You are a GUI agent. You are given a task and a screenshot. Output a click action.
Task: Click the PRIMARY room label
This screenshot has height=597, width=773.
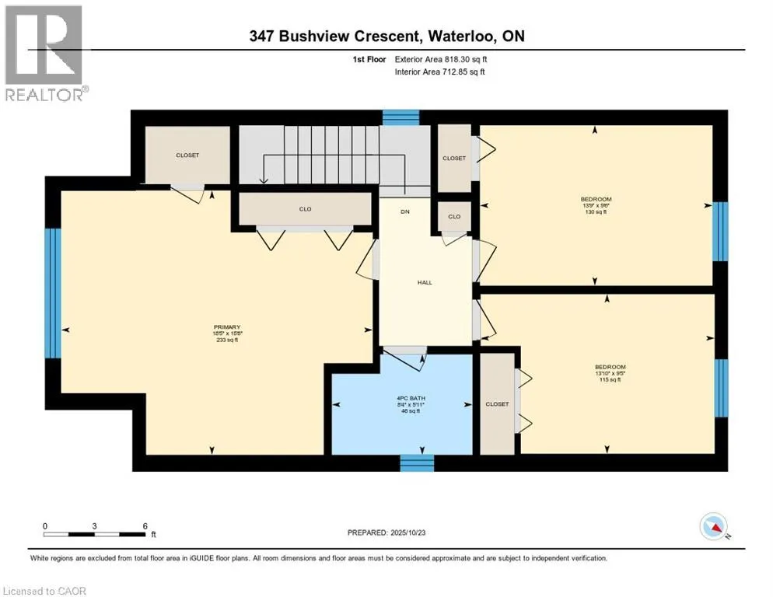click(227, 327)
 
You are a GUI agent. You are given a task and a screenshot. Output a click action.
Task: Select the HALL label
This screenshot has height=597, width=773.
click(425, 282)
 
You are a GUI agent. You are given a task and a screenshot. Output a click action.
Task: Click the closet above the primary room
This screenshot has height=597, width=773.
click(187, 155)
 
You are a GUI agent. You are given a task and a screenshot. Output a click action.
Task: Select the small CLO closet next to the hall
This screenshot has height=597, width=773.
click(454, 217)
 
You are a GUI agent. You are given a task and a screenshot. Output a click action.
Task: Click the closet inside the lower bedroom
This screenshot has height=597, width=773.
click(497, 403)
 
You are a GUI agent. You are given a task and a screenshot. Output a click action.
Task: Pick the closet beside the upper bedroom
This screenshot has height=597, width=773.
click(454, 158)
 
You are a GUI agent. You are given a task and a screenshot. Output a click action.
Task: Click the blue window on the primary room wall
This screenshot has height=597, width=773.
click(52, 292)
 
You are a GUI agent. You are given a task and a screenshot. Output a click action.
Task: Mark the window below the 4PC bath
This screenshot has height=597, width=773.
click(416, 463)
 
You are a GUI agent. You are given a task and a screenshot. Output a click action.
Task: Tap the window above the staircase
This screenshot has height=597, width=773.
click(401, 117)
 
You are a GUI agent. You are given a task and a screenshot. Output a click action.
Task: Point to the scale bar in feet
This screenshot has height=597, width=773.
click(95, 533)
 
